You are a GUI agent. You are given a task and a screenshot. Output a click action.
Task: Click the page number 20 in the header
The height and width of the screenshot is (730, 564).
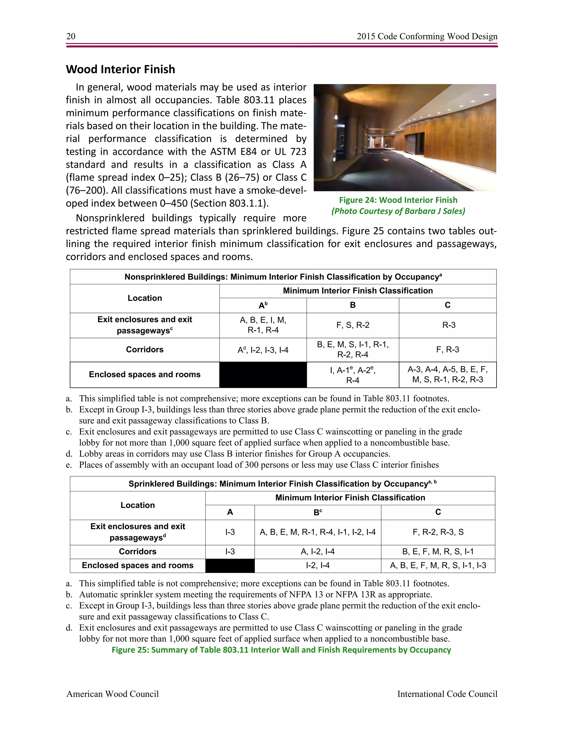click(x=71, y=36)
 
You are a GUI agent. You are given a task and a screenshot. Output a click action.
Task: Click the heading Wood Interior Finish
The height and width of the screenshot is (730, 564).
click(x=121, y=69)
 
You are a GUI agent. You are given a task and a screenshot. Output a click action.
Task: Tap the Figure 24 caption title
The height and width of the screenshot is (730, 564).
click(x=398, y=200)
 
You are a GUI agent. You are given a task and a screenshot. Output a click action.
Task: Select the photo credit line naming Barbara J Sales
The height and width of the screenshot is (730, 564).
click(x=398, y=211)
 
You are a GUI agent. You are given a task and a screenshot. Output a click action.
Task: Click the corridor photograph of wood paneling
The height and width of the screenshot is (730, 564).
click(x=405, y=137)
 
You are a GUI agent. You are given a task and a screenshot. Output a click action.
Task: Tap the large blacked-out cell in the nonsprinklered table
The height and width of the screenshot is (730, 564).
click(x=263, y=375)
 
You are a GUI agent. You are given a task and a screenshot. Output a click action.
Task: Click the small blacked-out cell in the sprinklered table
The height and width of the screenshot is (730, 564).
click(x=230, y=566)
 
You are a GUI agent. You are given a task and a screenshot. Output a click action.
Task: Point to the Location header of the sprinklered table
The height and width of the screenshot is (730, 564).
click(x=138, y=505)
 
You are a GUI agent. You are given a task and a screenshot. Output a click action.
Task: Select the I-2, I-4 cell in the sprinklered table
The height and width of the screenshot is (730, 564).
click(x=318, y=566)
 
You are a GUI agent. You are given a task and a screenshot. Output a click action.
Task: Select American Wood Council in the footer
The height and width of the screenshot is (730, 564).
click(x=113, y=694)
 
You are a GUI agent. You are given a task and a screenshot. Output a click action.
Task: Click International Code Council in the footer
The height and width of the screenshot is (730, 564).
click(x=447, y=694)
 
